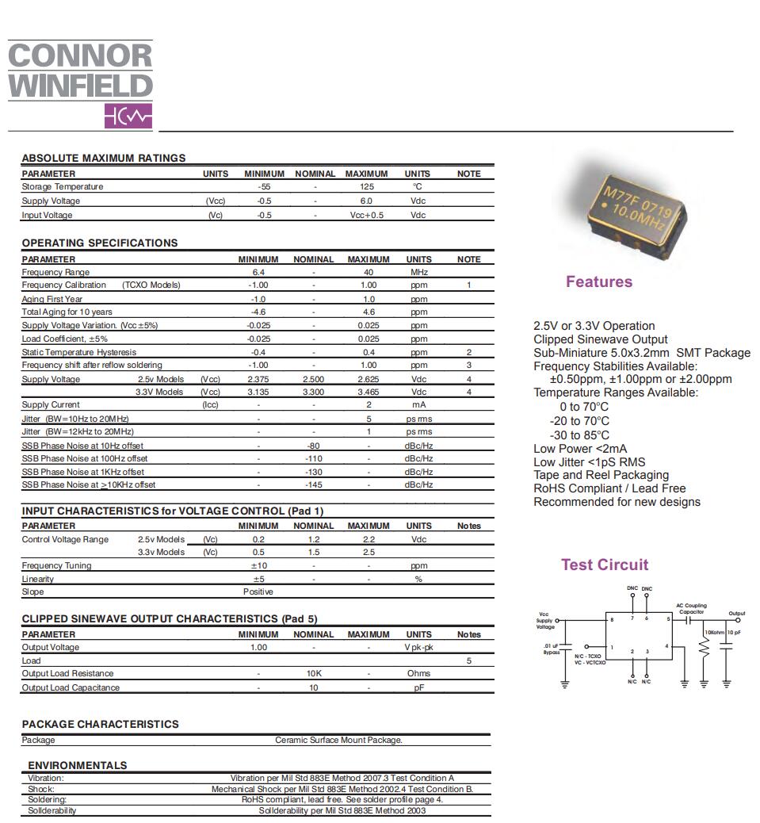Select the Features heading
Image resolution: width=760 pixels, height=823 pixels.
tap(598, 281)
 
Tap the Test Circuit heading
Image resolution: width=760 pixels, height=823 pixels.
tap(604, 565)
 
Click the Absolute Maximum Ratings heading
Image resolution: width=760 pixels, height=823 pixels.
tap(103, 158)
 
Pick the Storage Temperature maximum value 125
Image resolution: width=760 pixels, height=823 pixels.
tap(366, 187)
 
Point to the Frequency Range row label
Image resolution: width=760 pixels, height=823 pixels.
tap(55, 272)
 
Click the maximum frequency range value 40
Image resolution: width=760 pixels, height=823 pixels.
tap(369, 272)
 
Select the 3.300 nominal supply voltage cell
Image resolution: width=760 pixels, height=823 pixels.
tap(313, 392)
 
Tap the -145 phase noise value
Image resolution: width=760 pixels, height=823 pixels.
tap(313, 484)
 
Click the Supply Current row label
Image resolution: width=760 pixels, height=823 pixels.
tap(51, 405)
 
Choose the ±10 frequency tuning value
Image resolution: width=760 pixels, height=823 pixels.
tap(258, 565)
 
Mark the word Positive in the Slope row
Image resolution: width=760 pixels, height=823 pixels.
tap(258, 591)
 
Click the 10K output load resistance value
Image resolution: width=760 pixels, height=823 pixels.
tap(313, 673)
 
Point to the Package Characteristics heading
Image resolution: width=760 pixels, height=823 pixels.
tap(100, 724)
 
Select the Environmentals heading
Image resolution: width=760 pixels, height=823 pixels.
tap(77, 765)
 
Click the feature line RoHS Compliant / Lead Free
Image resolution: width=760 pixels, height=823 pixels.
tap(609, 488)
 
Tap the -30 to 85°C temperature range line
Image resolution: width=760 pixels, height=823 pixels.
tap(579, 435)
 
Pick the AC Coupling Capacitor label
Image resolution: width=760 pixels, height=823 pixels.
tap(691, 609)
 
